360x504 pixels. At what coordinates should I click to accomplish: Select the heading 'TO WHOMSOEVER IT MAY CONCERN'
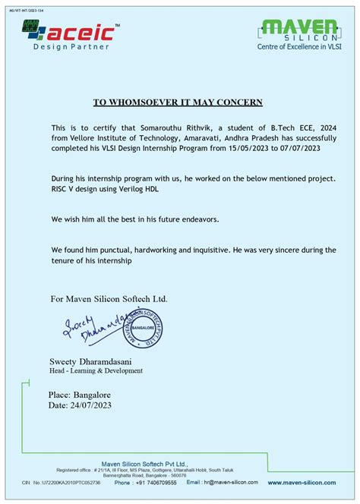(178, 102)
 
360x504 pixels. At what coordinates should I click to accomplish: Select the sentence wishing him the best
(135, 219)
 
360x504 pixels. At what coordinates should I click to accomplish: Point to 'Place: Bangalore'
(80, 395)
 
